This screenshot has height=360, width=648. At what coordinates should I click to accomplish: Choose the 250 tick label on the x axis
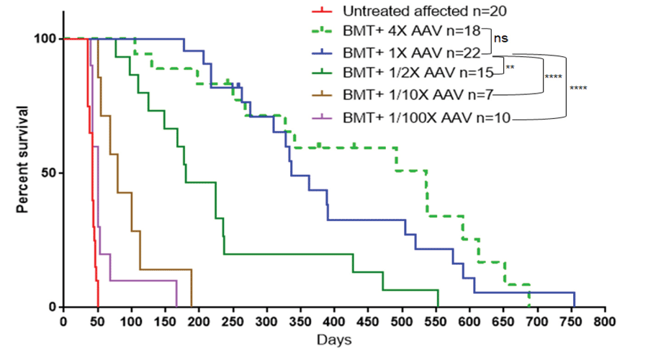click(233, 320)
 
